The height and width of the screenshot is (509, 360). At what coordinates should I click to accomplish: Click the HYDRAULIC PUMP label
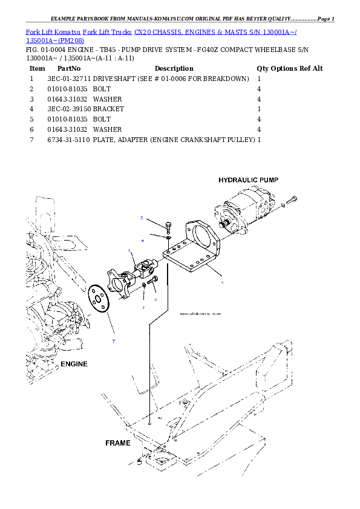[248, 180]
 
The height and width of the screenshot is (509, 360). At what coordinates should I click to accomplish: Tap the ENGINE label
[74, 364]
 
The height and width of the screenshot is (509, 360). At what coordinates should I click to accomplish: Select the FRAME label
[118, 443]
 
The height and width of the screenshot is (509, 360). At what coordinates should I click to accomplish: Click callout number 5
[142, 218]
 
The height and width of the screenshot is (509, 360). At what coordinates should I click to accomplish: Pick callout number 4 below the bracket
[222, 282]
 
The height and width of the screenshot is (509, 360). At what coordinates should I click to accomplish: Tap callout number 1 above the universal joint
[129, 251]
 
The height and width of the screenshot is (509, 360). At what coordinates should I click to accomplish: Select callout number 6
[143, 240]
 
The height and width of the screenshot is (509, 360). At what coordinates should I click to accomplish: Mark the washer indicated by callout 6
[168, 238]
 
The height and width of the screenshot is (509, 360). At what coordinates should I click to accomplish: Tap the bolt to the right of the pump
[292, 199]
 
